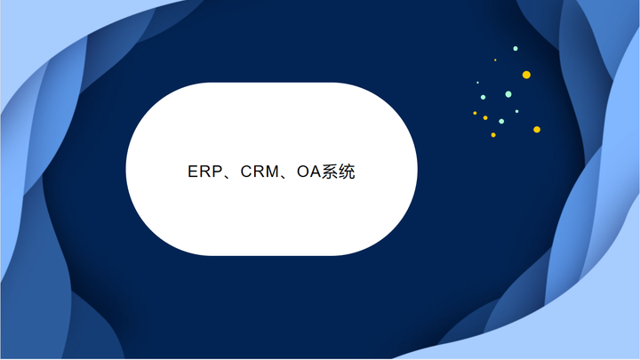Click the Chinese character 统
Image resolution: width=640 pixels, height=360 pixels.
[347, 172]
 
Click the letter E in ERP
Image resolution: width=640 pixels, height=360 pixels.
[193, 172]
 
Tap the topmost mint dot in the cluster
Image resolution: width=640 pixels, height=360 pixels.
[516, 48]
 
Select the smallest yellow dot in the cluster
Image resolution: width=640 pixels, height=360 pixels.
[495, 60]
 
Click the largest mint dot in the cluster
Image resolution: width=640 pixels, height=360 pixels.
[508, 94]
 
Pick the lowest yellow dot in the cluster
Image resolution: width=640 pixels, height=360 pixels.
[493, 134]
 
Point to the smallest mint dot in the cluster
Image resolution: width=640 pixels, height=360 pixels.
[477, 83]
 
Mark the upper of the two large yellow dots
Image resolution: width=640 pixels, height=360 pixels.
[526, 75]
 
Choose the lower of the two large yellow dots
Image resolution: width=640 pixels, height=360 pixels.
[537, 129]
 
